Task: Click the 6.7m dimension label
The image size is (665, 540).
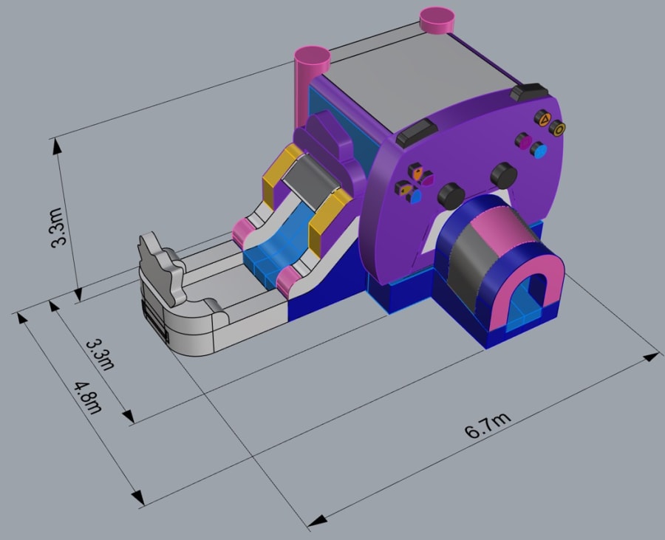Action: point(488,425)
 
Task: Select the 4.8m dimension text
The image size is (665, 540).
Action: point(89,397)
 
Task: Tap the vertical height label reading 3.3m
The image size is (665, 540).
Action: point(57,227)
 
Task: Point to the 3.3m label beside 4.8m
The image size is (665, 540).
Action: point(100,355)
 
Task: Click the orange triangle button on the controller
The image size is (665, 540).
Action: point(542,118)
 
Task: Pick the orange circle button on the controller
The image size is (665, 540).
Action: point(557,128)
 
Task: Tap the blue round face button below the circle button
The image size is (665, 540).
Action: point(538,150)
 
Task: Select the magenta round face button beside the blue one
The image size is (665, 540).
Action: point(523,140)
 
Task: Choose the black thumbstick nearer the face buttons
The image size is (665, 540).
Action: point(504,176)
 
